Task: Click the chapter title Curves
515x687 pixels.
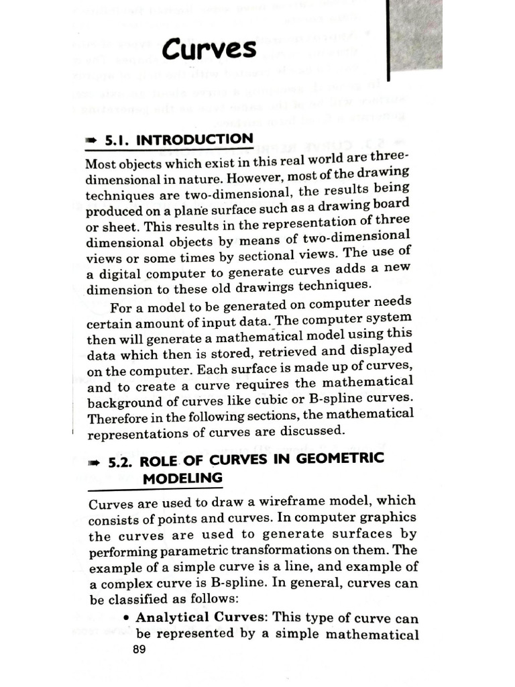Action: pyautogui.click(x=209, y=49)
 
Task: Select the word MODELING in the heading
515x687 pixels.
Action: pyautogui.click(x=182, y=478)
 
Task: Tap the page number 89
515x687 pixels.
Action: pyautogui.click(x=139, y=649)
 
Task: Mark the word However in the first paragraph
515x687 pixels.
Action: pyautogui.click(x=249, y=178)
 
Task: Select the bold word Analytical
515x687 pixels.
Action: pyautogui.click(x=171, y=617)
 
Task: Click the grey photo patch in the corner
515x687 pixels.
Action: pyautogui.click(x=415, y=34)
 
